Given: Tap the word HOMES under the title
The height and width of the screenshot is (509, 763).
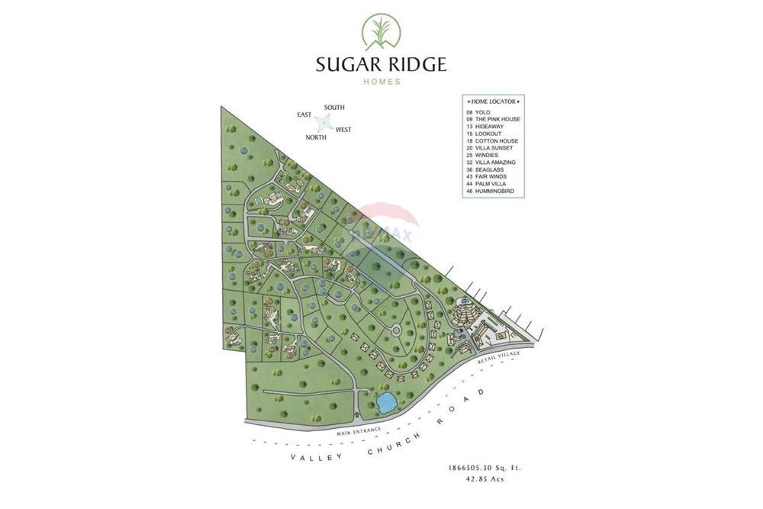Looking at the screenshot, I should pyautogui.click(x=381, y=82).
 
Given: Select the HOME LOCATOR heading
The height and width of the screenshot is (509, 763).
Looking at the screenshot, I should pyautogui.click(x=494, y=101).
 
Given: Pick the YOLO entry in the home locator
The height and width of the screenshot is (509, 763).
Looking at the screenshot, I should pyautogui.click(x=483, y=113).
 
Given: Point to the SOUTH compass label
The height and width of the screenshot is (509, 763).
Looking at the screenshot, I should pyautogui.click(x=334, y=108).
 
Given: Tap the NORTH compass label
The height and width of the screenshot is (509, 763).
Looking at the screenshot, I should pyautogui.click(x=316, y=137).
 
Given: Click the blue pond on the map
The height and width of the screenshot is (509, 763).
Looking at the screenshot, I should pyautogui.click(x=385, y=402).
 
